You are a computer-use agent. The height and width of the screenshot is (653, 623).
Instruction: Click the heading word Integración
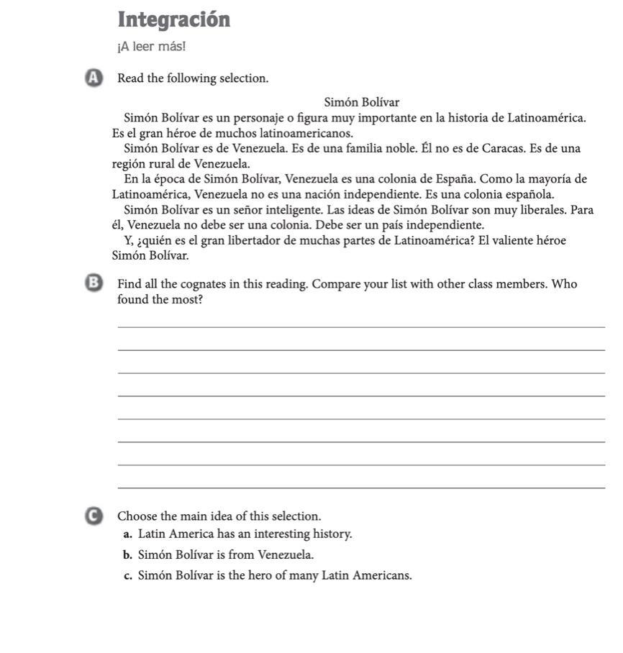173,19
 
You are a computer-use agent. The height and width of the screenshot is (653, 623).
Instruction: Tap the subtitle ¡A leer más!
151,47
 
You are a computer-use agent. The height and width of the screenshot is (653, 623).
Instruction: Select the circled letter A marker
92,78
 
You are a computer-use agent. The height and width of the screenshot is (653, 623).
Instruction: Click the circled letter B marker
92,284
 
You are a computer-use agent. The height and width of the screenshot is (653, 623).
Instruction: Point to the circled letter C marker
92,516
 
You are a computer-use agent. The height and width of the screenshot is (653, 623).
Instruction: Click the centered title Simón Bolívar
361,102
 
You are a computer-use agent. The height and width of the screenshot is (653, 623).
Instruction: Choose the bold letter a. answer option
127,534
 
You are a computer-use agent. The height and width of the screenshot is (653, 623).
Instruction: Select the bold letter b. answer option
127,555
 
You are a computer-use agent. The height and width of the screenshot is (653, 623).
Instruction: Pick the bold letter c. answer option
127,575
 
